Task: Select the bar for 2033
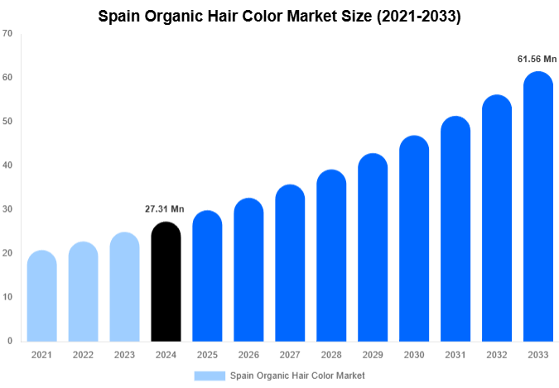(x=538, y=207)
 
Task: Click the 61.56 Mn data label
(x=537, y=59)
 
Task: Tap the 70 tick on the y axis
(x=7, y=34)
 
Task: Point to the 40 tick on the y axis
(x=7, y=165)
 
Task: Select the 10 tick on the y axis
(x=7, y=297)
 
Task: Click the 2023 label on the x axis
(x=124, y=354)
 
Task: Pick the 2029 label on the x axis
(x=373, y=354)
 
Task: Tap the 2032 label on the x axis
(x=497, y=354)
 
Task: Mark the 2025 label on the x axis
(x=207, y=354)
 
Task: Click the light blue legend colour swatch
(x=210, y=376)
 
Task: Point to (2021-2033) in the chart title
(x=414, y=15)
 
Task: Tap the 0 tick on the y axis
(x=9, y=341)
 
